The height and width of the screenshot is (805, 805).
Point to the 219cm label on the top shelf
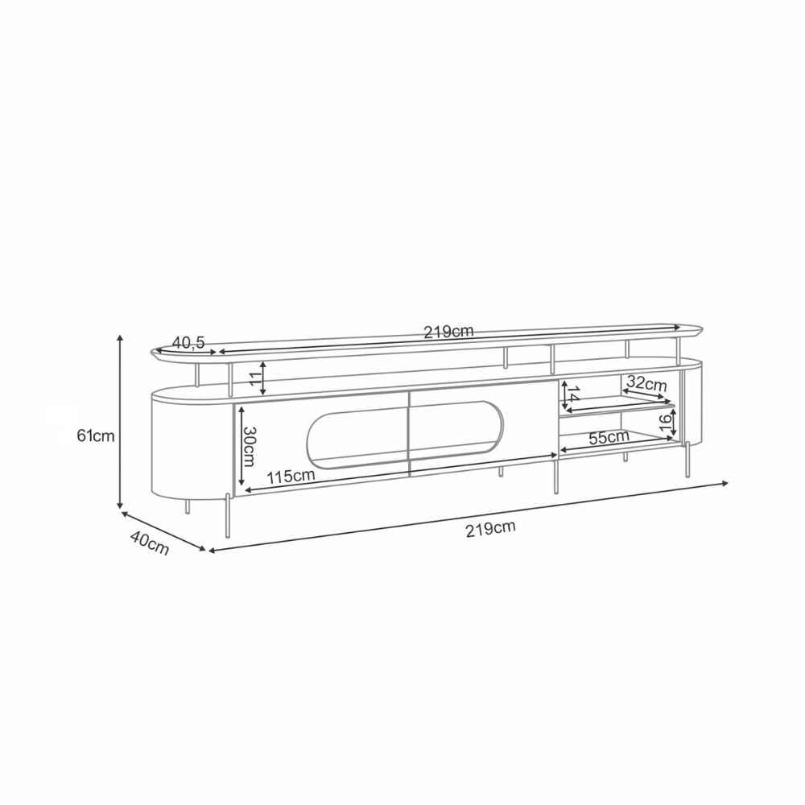click(449, 331)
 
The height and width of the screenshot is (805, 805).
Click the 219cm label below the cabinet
click(489, 528)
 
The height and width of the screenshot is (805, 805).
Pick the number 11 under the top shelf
click(257, 378)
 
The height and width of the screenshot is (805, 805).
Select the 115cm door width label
click(291, 476)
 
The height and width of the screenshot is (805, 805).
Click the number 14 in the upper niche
click(572, 395)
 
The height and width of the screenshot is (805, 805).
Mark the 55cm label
click(609, 437)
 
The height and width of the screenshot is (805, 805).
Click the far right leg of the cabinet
click(688, 460)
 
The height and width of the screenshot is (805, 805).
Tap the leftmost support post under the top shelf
click(199, 376)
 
